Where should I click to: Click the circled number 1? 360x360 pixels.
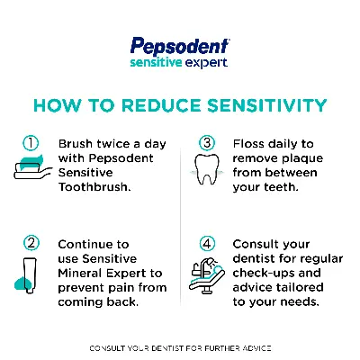pyautogui.click(x=31, y=143)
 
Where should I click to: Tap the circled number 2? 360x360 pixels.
pyautogui.click(x=31, y=243)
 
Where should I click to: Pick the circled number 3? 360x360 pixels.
pyautogui.click(x=206, y=143)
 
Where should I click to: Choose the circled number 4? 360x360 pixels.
pyautogui.click(x=206, y=243)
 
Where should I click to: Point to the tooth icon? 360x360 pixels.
pyautogui.click(x=206, y=171)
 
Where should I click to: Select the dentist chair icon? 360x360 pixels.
pyautogui.click(x=205, y=271)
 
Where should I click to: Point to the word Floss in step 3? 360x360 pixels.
pyautogui.click(x=247, y=143)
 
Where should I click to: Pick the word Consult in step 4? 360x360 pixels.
pyautogui.click(x=256, y=244)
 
